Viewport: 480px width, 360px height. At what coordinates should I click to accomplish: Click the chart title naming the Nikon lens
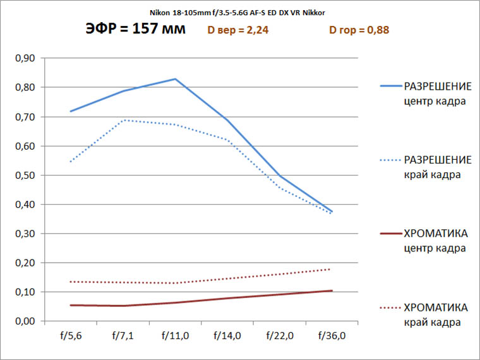click(237, 12)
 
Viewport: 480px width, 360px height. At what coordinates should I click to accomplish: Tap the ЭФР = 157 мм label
click(135, 29)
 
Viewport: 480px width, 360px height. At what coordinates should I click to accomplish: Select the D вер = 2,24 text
click(238, 30)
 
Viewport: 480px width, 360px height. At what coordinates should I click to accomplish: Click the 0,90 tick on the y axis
click(25, 58)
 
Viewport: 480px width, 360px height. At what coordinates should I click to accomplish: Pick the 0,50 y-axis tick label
click(25, 175)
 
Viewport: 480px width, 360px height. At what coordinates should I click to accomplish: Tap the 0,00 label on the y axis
click(25, 321)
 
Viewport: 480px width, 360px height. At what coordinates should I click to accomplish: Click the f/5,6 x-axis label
click(70, 335)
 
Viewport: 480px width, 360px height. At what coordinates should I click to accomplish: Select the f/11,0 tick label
click(175, 335)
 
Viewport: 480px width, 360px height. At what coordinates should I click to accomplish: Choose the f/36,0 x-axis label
click(332, 335)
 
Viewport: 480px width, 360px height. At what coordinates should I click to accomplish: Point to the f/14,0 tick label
click(227, 335)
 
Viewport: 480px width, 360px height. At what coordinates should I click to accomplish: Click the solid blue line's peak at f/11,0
click(175, 79)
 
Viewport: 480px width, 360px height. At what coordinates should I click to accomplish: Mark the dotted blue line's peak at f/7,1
click(123, 120)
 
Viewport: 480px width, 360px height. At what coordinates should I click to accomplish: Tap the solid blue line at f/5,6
click(70, 111)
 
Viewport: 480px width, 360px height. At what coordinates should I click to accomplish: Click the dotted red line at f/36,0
click(332, 269)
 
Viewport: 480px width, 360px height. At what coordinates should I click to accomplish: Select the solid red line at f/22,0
click(280, 294)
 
